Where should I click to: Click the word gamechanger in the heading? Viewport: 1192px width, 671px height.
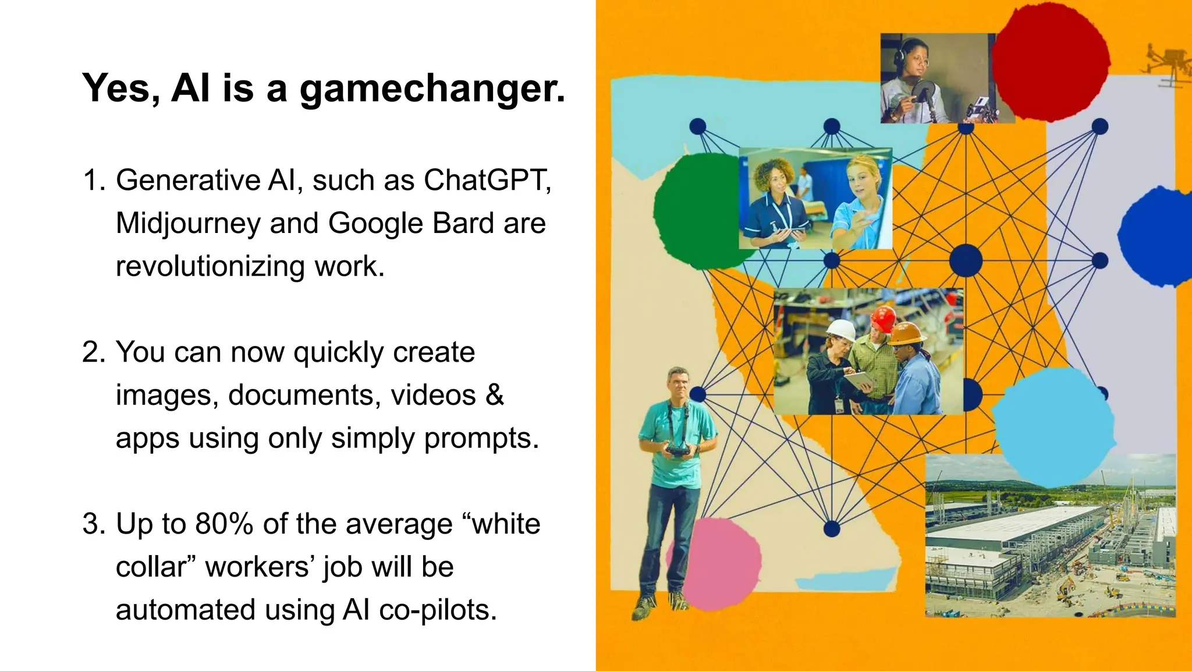(432, 89)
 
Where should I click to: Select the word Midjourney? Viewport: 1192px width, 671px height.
(187, 223)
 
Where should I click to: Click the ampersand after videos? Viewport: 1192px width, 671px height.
(494, 395)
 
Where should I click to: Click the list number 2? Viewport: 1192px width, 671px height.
(94, 352)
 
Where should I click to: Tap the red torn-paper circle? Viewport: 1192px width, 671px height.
(1051, 61)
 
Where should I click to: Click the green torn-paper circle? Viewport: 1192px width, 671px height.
(696, 210)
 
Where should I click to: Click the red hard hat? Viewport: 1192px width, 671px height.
(883, 319)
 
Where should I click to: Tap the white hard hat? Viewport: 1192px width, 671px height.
(842, 330)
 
